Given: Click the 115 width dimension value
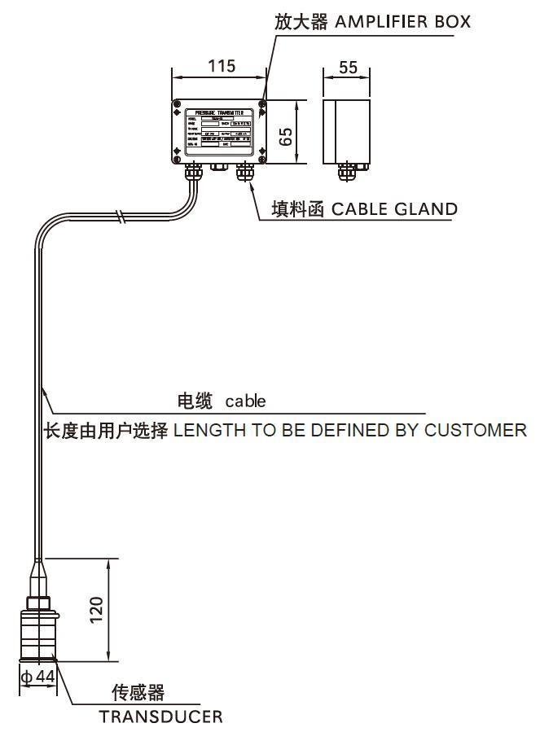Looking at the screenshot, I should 220,66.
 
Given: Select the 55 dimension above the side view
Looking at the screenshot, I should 348,67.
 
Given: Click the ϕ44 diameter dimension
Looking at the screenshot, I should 37,677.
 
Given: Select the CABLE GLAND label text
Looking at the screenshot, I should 393,209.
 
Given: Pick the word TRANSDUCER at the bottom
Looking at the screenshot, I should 160,717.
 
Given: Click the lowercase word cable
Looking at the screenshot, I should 245,401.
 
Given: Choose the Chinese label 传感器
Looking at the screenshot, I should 138,693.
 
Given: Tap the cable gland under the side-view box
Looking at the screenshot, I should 347,172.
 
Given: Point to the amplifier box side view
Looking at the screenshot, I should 347,130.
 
